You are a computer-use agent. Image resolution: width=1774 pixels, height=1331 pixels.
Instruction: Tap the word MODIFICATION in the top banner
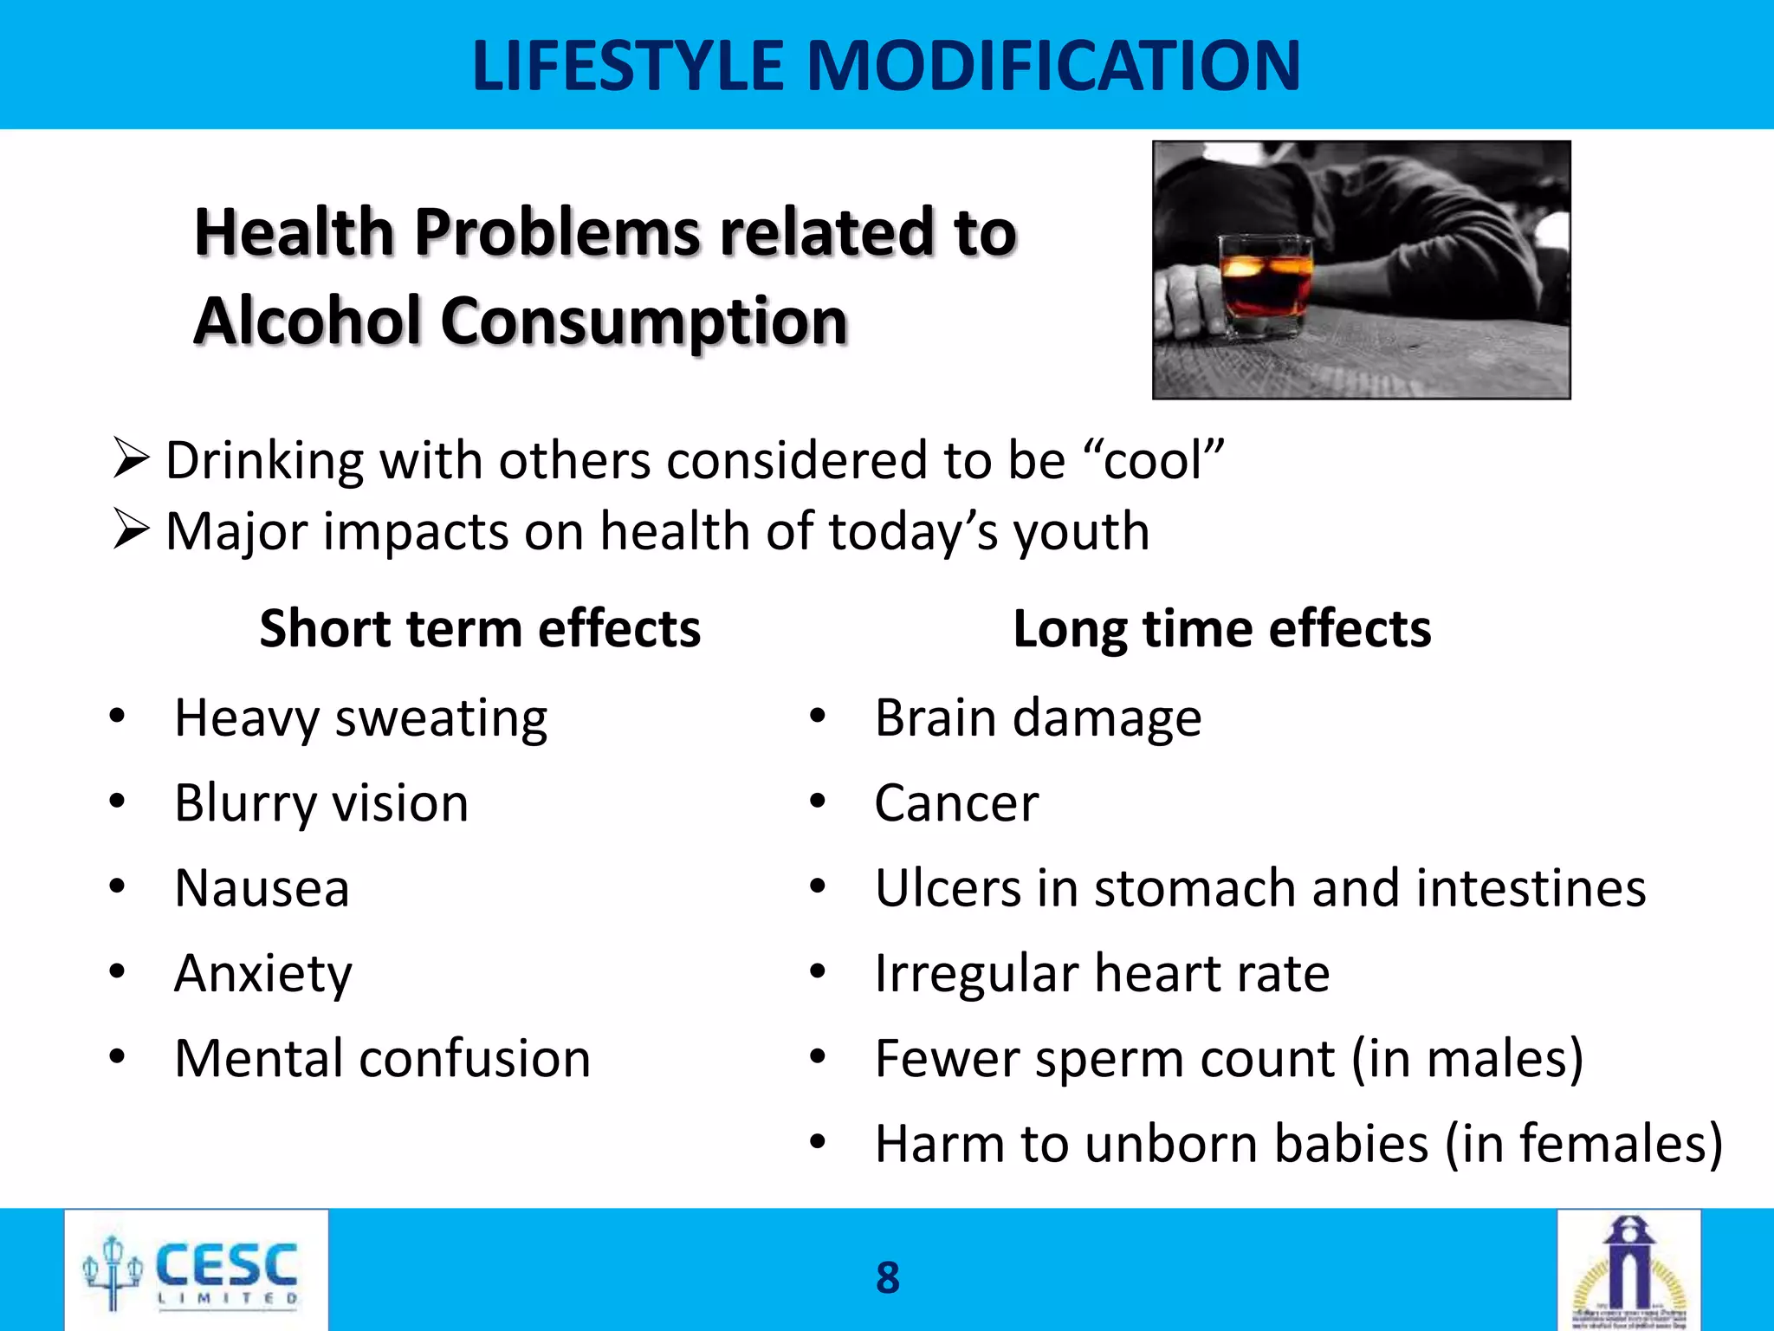tap(1053, 66)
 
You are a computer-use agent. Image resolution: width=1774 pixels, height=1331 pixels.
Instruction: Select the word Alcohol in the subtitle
tap(307, 321)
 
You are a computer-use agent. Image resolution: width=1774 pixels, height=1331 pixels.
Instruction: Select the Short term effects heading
tap(480, 628)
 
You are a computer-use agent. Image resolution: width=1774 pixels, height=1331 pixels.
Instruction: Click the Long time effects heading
tap(1221, 628)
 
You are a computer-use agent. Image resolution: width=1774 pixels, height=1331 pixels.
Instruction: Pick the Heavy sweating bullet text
tap(360, 718)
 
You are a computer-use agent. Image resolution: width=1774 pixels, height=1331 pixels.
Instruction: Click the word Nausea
tap(262, 888)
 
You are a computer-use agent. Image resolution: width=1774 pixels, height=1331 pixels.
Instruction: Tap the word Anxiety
tap(263, 973)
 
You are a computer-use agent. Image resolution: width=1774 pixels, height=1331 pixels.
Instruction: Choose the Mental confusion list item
tap(382, 1058)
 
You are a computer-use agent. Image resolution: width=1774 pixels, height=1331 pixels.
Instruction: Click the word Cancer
tap(956, 803)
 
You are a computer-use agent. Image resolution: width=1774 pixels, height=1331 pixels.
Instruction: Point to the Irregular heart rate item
tap(1102, 973)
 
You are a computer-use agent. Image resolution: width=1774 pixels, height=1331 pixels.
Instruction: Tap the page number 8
tap(888, 1277)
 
